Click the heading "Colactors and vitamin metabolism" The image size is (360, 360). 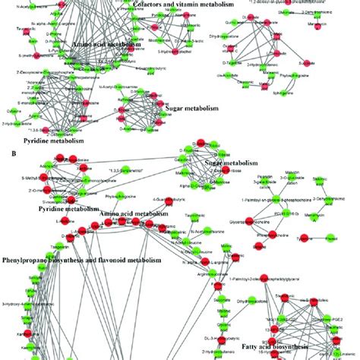click(176, 5)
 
